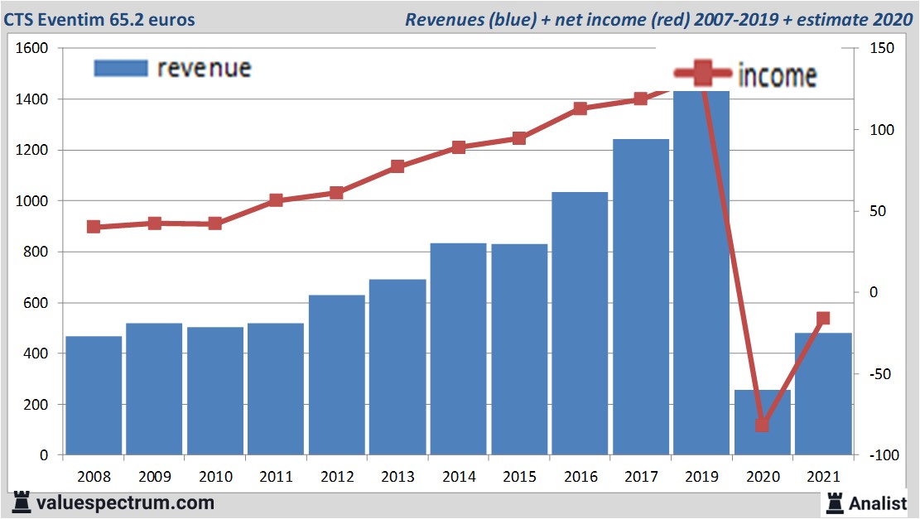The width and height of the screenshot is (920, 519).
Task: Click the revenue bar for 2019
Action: (701, 273)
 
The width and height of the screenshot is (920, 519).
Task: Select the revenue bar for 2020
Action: (762, 422)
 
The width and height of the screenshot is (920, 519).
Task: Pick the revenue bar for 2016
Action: (580, 324)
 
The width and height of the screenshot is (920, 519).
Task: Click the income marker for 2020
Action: (763, 425)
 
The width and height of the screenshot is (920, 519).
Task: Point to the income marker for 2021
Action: (823, 319)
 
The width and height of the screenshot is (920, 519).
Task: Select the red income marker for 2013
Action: (397, 166)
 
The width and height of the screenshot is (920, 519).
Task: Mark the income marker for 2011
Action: (276, 200)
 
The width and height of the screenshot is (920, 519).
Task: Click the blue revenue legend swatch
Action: (121, 68)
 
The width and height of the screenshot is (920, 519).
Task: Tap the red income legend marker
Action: (702, 74)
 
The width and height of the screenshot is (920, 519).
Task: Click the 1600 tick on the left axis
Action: (32, 49)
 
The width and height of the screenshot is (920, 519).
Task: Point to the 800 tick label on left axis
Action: (36, 252)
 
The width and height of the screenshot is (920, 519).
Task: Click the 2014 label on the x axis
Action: (459, 478)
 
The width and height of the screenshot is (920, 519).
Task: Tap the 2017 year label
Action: (641, 478)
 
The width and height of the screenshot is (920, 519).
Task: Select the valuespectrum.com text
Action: (125, 502)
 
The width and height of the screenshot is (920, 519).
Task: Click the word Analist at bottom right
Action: (878, 502)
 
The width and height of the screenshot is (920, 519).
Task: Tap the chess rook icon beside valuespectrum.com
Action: (22, 502)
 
